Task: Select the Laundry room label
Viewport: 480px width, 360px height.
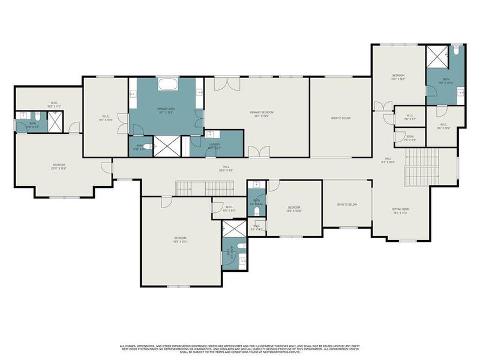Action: [214, 145]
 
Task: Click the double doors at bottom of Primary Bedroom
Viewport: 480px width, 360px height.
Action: [255, 152]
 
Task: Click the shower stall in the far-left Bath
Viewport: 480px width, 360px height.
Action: [55, 122]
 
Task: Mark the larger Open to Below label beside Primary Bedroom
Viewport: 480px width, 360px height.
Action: [340, 118]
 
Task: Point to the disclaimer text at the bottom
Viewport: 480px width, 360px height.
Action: [240, 349]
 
